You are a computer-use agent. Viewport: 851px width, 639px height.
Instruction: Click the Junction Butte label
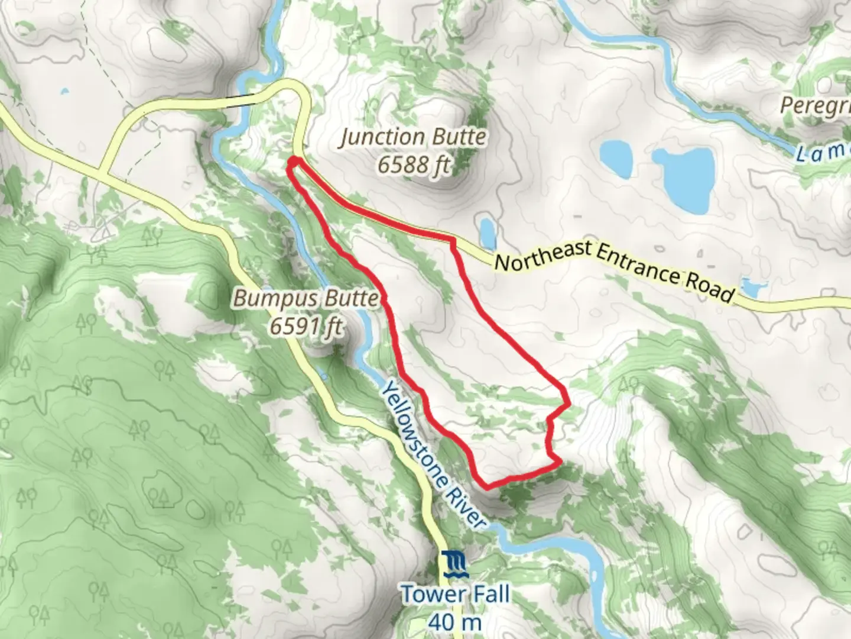(413, 137)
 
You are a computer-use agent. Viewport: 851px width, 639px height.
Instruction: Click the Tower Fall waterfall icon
(455, 564)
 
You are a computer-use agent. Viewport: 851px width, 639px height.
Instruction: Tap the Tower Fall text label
(455, 594)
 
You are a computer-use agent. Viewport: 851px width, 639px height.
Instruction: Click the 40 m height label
(455, 621)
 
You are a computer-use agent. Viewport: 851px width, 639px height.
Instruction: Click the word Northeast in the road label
(543, 254)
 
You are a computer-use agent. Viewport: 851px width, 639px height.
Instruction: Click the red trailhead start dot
(293, 161)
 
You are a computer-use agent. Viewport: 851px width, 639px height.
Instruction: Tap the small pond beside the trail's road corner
(488, 233)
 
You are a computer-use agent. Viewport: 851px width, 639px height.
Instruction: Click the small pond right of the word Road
(751, 288)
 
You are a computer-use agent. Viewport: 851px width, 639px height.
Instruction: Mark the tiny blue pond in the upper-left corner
(64, 92)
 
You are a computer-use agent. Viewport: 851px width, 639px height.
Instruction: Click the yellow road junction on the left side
(104, 174)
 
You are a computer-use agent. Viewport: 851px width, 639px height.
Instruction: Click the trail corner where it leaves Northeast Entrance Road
(453, 240)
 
